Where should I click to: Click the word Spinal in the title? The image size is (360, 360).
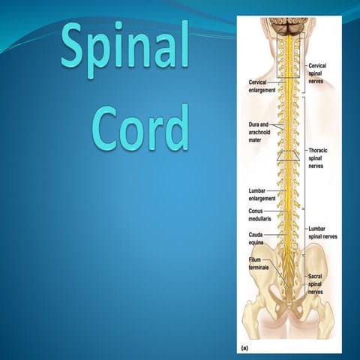(x=124, y=47)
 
